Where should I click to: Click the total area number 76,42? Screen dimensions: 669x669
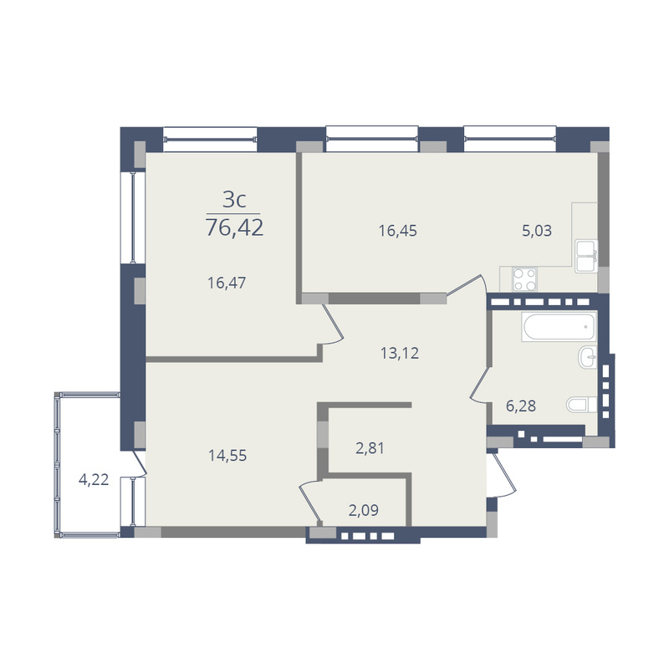(235, 227)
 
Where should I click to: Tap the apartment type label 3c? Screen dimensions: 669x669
(234, 199)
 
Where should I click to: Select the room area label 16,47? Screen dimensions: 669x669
(227, 283)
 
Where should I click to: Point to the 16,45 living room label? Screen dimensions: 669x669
(398, 231)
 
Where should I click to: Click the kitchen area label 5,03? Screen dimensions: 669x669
(537, 231)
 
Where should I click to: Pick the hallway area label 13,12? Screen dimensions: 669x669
(400, 353)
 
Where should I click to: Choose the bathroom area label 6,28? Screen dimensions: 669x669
(520, 406)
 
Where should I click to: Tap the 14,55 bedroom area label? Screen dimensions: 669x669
(227, 456)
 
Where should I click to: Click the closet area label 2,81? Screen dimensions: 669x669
(370, 448)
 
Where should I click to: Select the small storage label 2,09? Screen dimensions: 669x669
(364, 510)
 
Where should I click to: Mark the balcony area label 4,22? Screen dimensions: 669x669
(94, 479)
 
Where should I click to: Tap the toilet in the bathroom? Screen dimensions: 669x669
(581, 405)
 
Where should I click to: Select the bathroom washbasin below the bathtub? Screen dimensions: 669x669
(588, 357)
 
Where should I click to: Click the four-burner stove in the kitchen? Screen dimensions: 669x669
(524, 279)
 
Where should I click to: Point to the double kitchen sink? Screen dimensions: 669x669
(586, 256)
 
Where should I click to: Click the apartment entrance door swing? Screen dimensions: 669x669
(503, 474)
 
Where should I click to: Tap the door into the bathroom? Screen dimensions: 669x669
(479, 385)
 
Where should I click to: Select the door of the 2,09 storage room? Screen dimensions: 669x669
(310, 501)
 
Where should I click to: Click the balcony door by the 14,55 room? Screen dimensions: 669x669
(140, 462)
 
